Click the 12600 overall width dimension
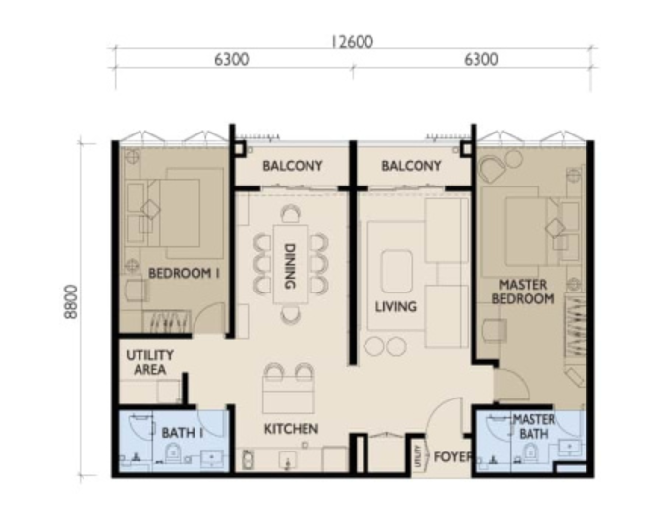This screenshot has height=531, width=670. [352, 42]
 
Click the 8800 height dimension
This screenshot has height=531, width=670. [71, 301]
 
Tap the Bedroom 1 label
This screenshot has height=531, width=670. [184, 273]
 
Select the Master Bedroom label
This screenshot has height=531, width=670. [523, 292]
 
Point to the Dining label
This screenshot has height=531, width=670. [290, 266]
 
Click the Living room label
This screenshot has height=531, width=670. [396, 306]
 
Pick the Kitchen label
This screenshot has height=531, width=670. [291, 429]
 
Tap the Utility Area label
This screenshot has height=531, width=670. [149, 362]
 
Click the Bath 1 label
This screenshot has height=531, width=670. [183, 433]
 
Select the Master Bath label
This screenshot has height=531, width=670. [533, 426]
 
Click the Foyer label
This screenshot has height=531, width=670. [453, 456]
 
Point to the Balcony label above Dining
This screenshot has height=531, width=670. [293, 166]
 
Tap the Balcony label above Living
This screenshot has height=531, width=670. [412, 166]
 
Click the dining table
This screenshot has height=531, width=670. [291, 264]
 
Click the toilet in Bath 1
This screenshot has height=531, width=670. [173, 452]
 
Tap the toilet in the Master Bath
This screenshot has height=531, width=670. [530, 452]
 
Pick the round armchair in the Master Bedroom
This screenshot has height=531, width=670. [491, 169]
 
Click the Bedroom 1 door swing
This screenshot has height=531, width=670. [209, 318]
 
